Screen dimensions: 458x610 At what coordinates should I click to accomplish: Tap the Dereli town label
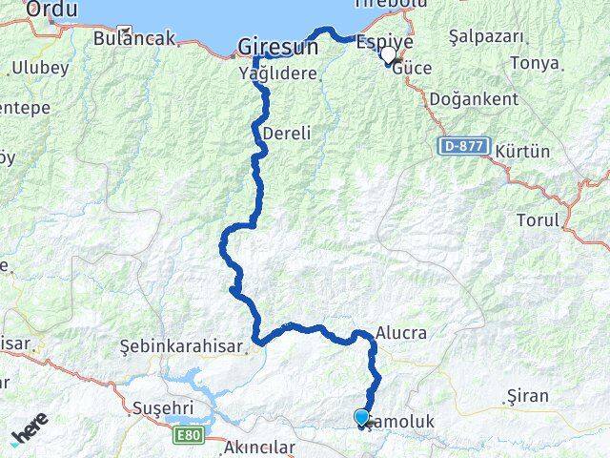click(287, 134)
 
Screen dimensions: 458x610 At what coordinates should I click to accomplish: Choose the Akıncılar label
click(258, 447)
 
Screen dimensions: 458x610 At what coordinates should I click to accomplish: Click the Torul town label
click(537, 219)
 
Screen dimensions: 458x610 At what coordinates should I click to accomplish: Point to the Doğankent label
click(474, 99)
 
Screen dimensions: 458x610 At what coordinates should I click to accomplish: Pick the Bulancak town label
click(135, 39)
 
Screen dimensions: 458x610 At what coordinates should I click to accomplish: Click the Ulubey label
click(39, 68)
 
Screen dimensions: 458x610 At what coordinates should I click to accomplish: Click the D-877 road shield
click(465, 147)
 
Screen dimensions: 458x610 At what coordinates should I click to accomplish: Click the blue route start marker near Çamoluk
click(361, 417)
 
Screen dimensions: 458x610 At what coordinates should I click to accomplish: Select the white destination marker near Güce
click(388, 55)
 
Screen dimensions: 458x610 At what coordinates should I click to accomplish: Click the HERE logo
click(29, 433)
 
